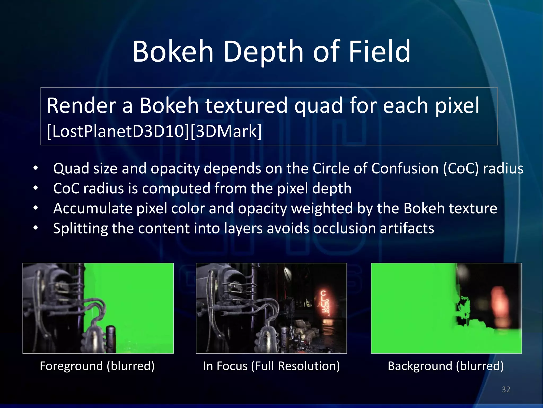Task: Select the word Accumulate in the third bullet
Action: pyautogui.click(x=93, y=208)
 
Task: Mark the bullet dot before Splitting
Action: pyautogui.click(x=36, y=228)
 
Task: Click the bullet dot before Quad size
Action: pyautogui.click(x=36, y=168)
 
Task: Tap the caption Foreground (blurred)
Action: pyautogui.click(x=97, y=366)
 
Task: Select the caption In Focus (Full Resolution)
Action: pyautogui.click(x=271, y=366)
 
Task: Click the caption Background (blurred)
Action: pyautogui.click(x=446, y=366)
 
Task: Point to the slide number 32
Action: pyautogui.click(x=506, y=389)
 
